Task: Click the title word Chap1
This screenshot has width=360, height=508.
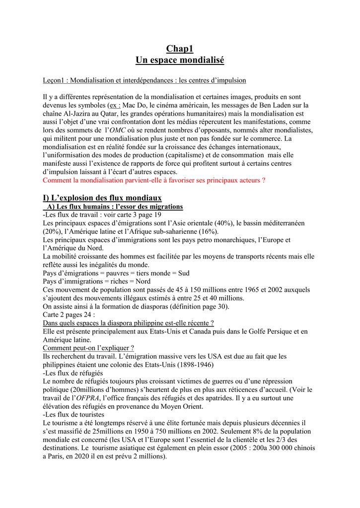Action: [x=180, y=49]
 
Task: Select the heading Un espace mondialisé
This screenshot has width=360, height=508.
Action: [x=180, y=60]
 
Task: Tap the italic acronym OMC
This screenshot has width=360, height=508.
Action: [x=117, y=130]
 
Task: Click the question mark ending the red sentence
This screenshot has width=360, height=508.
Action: [x=263, y=181]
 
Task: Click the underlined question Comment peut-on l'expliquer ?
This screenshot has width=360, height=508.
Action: [x=88, y=348]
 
